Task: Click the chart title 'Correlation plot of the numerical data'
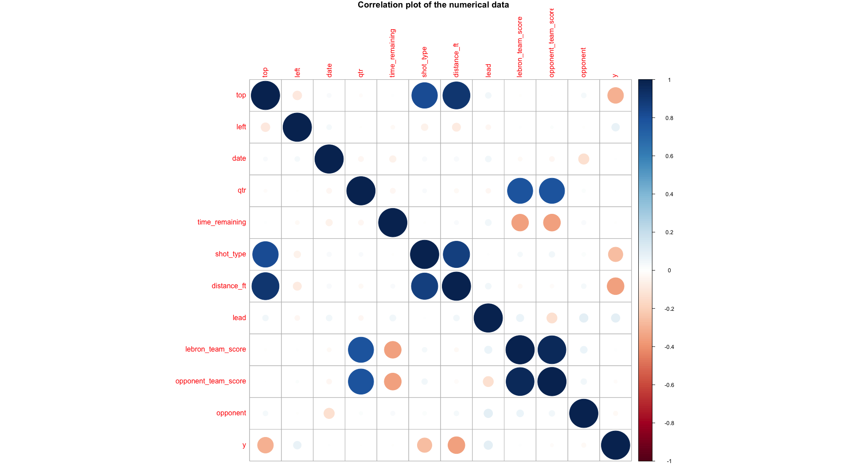pos(433,5)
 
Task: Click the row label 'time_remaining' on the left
pos(221,222)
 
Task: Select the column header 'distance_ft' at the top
pos(456,60)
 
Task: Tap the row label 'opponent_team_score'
pos(211,381)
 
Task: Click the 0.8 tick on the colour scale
pos(669,118)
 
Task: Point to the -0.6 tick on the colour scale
pos(669,385)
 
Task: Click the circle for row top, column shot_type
pos(425,95)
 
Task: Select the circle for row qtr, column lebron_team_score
pos(520,191)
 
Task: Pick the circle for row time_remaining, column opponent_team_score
pos(552,222)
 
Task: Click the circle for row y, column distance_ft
pos(456,445)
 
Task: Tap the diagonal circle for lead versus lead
pos(488,318)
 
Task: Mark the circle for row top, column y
pos(615,95)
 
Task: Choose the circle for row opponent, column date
pos(329,413)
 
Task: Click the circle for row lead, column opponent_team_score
pos(552,318)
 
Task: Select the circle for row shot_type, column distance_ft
pos(456,254)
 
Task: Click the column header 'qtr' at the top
pos(361,73)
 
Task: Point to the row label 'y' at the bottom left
pos(244,445)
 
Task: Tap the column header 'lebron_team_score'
pos(520,47)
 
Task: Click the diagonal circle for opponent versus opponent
pos(584,413)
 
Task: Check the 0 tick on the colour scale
pos(669,271)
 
